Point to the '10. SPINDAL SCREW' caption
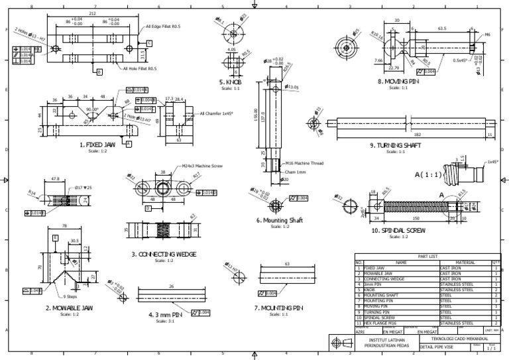point(398,231)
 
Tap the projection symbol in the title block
point(341,343)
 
